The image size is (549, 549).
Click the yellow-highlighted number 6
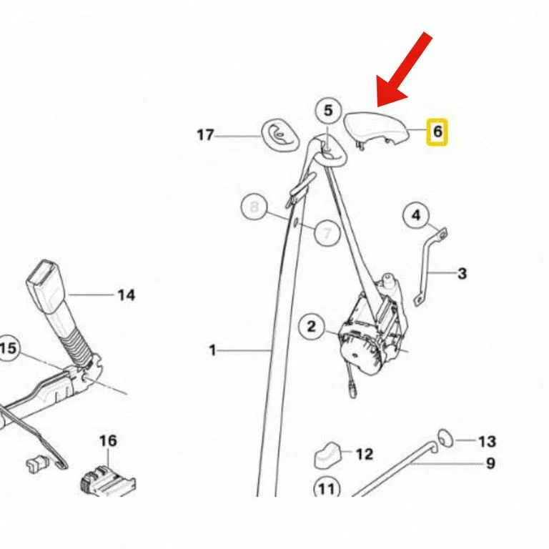pos(437,132)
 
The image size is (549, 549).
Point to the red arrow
pos(405,69)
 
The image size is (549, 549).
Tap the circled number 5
pos(327,110)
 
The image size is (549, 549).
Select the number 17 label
pos(205,135)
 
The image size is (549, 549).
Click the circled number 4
pos(416,215)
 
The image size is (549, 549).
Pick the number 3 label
pos(463,274)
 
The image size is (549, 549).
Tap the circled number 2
pos(311,327)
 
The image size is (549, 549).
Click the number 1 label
pos(212,350)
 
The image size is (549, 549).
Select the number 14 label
pos(127,295)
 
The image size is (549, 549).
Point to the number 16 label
pos(108,441)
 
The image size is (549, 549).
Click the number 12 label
pos(365,454)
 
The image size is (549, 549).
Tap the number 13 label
pos(487,442)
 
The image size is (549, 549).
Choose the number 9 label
pos(491,463)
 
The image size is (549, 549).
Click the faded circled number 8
pos(254,206)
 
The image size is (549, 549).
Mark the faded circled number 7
pos(327,232)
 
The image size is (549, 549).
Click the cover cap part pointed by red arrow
pos(377,129)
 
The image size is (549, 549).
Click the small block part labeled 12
pos(328,455)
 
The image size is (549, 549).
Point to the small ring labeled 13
pos(445,437)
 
